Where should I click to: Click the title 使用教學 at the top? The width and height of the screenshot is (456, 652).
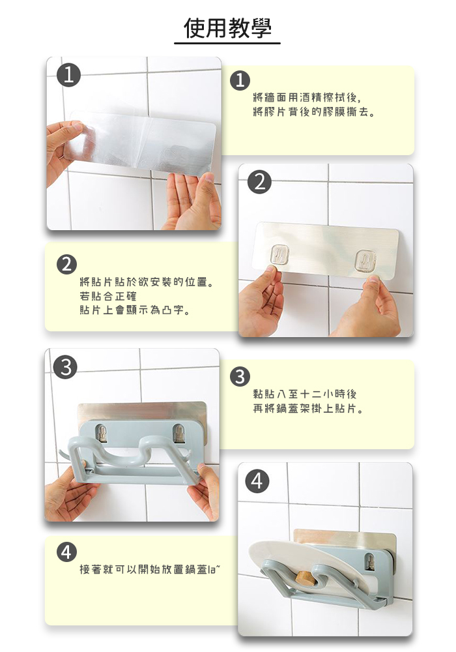click(x=227, y=28)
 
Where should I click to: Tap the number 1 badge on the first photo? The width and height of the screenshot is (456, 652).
click(x=68, y=75)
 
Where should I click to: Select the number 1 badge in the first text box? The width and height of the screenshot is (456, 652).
click(x=240, y=80)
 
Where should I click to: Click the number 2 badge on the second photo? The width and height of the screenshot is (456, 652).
click(x=259, y=182)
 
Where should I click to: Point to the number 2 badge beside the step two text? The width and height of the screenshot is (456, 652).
click(x=67, y=265)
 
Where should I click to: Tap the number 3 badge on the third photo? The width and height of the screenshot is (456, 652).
click(x=66, y=367)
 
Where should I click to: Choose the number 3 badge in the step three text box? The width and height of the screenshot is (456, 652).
click(x=240, y=377)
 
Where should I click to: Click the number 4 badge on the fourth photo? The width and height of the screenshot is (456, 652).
click(x=257, y=481)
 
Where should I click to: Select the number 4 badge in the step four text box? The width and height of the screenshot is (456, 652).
click(x=66, y=552)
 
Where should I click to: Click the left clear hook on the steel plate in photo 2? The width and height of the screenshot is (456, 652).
click(x=279, y=254)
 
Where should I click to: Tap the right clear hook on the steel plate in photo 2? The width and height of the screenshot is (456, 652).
click(x=366, y=261)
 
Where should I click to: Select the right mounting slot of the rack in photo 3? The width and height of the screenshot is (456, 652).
click(x=179, y=434)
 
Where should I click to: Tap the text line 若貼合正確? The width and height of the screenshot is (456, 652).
click(x=108, y=296)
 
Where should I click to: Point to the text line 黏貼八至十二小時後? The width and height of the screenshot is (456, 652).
click(x=305, y=394)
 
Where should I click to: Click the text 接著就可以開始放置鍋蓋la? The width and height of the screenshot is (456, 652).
click(x=150, y=569)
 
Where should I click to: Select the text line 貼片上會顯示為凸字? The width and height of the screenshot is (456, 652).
click(x=135, y=310)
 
